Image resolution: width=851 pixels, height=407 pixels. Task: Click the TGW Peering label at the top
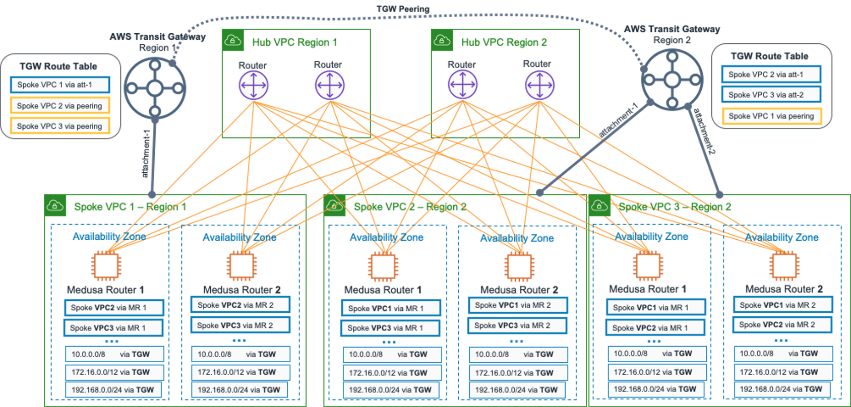pyautogui.click(x=403, y=9)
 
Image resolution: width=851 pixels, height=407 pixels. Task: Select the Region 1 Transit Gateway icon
pyautogui.click(x=155, y=89)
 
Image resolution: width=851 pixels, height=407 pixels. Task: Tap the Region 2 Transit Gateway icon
pyautogui.click(x=672, y=80)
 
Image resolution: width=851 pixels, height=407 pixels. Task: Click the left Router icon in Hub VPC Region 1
pyautogui.click(x=254, y=86)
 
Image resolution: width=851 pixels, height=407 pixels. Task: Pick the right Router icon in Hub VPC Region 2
pyautogui.click(x=539, y=85)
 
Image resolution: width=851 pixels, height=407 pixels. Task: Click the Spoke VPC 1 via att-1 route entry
pyautogui.click(x=60, y=85)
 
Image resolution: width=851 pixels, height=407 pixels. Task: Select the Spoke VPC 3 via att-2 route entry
pyautogui.click(x=771, y=95)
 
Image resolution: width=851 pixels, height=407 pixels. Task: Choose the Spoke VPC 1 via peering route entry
pyautogui.click(x=772, y=116)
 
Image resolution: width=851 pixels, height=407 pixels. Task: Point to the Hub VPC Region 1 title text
pyautogui.click(x=294, y=42)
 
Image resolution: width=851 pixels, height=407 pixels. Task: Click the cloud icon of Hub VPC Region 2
pyautogui.click(x=442, y=40)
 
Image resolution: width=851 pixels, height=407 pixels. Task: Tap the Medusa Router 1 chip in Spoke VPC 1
pyautogui.click(x=106, y=265)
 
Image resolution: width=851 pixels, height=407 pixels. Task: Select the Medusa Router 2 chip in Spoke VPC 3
pyautogui.click(x=784, y=265)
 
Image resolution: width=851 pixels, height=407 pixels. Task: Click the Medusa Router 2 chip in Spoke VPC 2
pyautogui.click(x=519, y=266)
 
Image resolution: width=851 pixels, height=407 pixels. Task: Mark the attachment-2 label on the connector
pyautogui.click(x=704, y=131)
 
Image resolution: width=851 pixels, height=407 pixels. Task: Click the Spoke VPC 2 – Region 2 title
pyautogui.click(x=410, y=207)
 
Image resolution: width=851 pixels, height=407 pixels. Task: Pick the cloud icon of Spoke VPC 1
pyautogui.click(x=55, y=206)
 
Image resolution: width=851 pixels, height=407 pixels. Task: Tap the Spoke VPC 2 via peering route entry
pyautogui.click(x=60, y=106)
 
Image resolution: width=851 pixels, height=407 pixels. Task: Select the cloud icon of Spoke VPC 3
pyautogui.click(x=599, y=206)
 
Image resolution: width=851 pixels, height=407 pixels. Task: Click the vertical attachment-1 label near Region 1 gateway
pyautogui.click(x=146, y=154)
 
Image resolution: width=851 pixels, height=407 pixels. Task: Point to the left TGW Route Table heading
pyautogui.click(x=58, y=66)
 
